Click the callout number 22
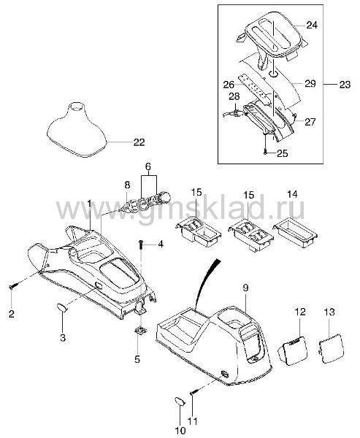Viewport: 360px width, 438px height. [x=139, y=142]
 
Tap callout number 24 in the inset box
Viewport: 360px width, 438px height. [x=312, y=25]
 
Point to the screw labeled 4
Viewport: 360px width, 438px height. [x=142, y=245]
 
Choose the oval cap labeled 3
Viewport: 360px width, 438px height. [x=63, y=307]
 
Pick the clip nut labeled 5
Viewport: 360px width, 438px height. [x=140, y=331]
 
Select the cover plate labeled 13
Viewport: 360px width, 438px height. [x=331, y=348]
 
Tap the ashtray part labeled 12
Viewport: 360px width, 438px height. [x=292, y=350]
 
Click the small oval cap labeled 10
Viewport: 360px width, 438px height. [x=180, y=401]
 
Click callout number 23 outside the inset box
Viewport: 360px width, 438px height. [x=345, y=85]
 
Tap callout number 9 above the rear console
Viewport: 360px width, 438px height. [x=245, y=288]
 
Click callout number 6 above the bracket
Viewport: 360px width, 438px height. [x=148, y=166]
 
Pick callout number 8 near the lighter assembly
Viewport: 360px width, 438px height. [x=127, y=185]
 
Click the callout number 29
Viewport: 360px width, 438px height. [x=310, y=83]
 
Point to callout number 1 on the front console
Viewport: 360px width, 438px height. [x=89, y=204]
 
